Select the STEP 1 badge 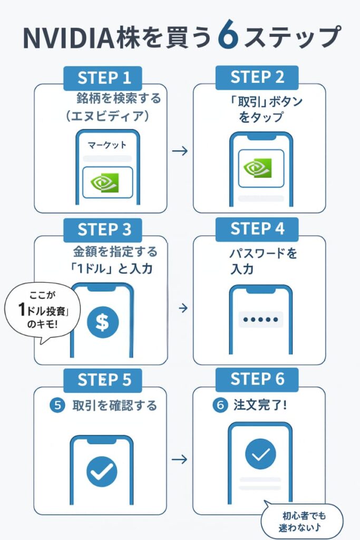pyautogui.click(x=104, y=78)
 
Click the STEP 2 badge pyautogui.click(x=257, y=77)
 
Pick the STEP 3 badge pyautogui.click(x=104, y=229)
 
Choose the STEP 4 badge pyautogui.click(x=257, y=229)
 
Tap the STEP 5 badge pyautogui.click(x=104, y=380)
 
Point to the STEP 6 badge pyautogui.click(x=257, y=379)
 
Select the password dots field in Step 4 pyautogui.click(x=260, y=320)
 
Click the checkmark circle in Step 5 pyautogui.click(x=101, y=470)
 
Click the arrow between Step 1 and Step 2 pyautogui.click(x=180, y=151)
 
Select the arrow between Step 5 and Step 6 pyautogui.click(x=180, y=459)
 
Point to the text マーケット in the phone pyautogui.click(x=107, y=144)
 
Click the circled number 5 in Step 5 pyautogui.click(x=57, y=406)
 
